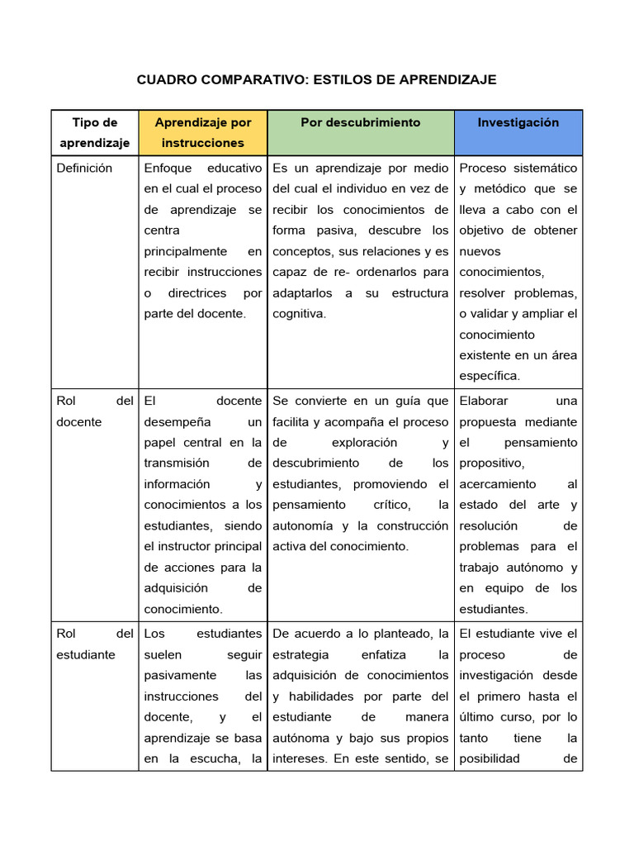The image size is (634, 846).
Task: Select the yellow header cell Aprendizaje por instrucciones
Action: click(203, 132)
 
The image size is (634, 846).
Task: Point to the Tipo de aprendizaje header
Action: click(95, 132)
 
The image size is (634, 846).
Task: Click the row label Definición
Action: click(84, 168)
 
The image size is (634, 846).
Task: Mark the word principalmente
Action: click(186, 251)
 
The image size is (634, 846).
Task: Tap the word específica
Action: click(490, 376)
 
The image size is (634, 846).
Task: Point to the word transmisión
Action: click(177, 463)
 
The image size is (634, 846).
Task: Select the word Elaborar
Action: click(485, 401)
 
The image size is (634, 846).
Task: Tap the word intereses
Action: click(300, 758)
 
